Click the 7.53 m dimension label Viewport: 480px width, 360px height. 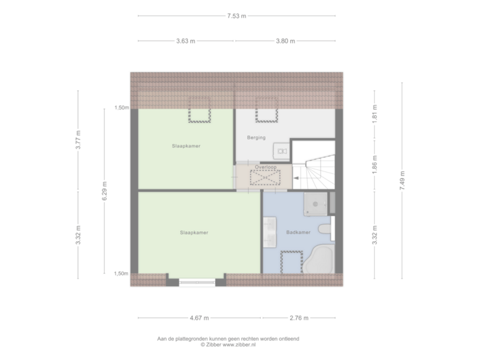coord(237,15)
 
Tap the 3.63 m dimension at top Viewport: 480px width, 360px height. coord(186,41)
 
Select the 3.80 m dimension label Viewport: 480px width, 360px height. coord(285,41)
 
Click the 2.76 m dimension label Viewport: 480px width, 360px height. coord(299,317)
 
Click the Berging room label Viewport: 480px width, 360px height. coord(256,138)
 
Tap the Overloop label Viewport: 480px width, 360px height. coord(265,167)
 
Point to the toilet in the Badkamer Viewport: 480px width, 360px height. coord(325,231)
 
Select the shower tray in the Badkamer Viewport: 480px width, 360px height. coord(316,205)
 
